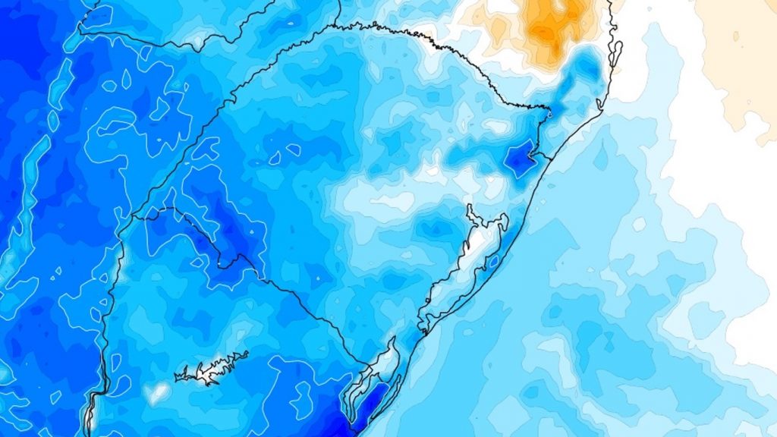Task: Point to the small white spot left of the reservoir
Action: [x=158, y=391]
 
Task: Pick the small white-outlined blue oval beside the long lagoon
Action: [x=494, y=262]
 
